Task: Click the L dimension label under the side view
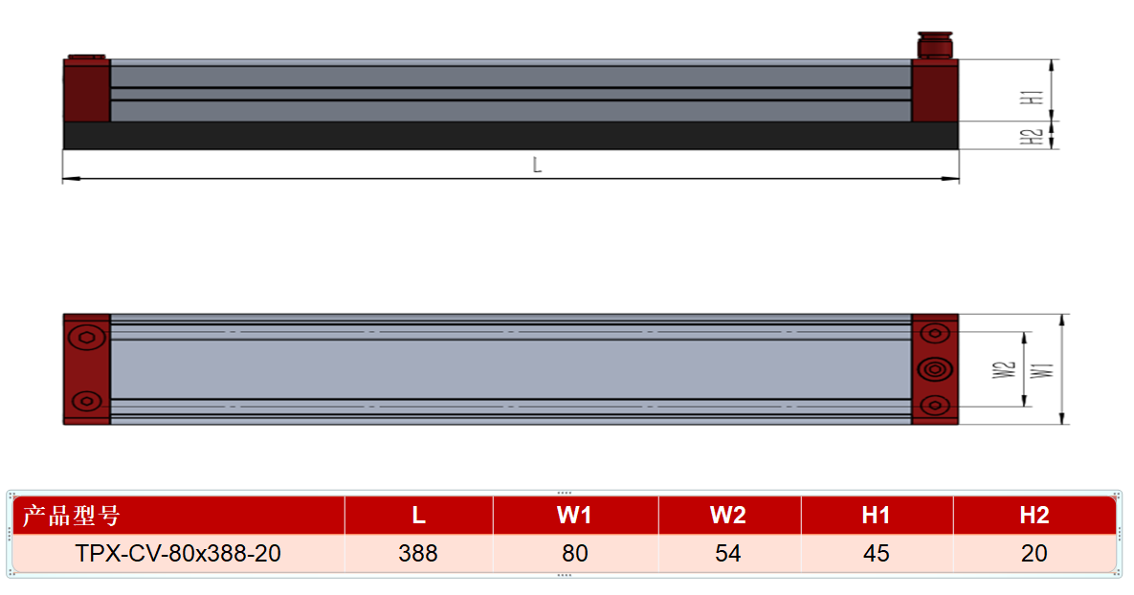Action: click(x=537, y=165)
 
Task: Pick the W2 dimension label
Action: click(x=1004, y=370)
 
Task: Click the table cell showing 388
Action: click(x=418, y=553)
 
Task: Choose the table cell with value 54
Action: click(x=727, y=553)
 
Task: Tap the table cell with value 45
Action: click(x=876, y=553)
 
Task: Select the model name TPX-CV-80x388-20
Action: click(x=178, y=553)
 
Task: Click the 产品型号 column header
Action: click(x=71, y=516)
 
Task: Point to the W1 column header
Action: click(x=574, y=515)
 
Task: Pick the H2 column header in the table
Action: click(x=1034, y=515)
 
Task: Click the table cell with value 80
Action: click(x=575, y=553)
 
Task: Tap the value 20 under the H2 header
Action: click(x=1034, y=553)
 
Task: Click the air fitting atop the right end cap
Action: click(x=935, y=45)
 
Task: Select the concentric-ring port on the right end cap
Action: click(x=935, y=369)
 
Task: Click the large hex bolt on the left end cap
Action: click(x=87, y=338)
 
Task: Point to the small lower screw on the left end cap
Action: click(x=87, y=401)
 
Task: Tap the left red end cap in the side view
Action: click(x=87, y=90)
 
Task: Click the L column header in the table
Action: click(x=418, y=515)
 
